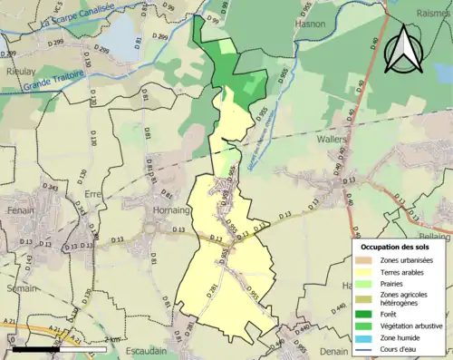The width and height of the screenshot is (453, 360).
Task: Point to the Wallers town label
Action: [333, 141]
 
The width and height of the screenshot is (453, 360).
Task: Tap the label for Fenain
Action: [20, 209]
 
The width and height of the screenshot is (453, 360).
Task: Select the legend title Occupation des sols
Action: [400, 247]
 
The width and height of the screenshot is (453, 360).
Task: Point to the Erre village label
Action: [94, 194]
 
